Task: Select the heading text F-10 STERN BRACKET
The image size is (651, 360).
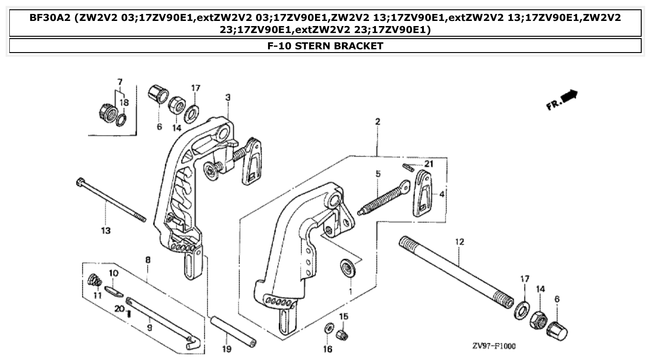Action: [325, 46]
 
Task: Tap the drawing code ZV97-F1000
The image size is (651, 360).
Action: [493, 346]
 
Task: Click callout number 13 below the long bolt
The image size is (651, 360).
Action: [106, 230]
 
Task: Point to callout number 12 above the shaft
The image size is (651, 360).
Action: [459, 242]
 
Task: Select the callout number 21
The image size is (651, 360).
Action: [429, 164]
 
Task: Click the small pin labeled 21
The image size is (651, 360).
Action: [408, 167]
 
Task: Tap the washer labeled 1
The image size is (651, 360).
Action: [347, 268]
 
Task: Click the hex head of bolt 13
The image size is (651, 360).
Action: [80, 183]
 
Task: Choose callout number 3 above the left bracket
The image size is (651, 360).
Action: [228, 97]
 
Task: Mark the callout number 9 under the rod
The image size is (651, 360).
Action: [149, 327]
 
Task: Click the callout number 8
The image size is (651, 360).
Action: [148, 260]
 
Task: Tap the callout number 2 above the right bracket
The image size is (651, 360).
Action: [377, 122]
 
